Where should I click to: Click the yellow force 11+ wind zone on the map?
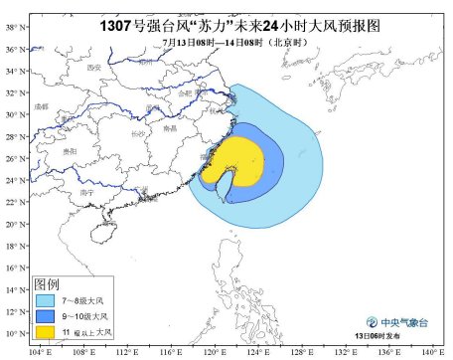[238, 159]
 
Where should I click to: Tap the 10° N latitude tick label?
[11, 333]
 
